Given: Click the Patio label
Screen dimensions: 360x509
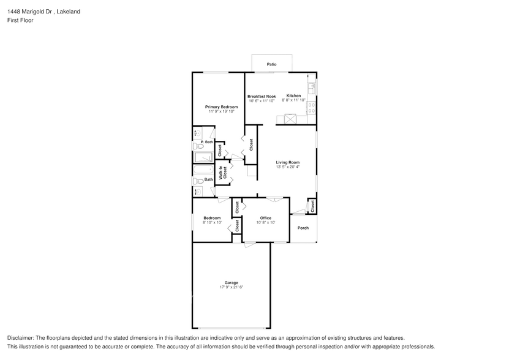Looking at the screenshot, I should (271, 64).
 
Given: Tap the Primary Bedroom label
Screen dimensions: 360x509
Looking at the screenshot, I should (221, 107).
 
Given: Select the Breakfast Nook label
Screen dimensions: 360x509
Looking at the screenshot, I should (262, 96).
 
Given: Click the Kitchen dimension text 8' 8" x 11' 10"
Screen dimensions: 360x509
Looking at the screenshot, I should (293, 101).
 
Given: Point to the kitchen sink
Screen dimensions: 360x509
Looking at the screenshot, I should (312, 88).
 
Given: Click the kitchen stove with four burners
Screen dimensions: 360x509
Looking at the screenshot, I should (312, 108).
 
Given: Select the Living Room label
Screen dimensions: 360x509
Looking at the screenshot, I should (287, 162).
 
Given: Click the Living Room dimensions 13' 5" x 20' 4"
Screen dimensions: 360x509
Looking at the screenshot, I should (287, 167).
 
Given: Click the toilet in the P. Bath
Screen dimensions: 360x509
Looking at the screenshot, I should (198, 146).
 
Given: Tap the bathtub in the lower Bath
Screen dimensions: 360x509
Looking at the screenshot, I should (203, 170).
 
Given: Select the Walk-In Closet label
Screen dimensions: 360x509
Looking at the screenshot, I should (225, 172).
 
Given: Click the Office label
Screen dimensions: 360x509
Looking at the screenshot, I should (265, 218).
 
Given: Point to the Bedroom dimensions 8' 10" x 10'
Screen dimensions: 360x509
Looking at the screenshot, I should (212, 223).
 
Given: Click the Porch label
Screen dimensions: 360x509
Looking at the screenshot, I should (303, 228).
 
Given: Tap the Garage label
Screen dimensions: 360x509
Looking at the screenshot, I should (231, 282).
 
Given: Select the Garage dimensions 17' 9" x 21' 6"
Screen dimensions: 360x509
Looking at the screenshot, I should (231, 287).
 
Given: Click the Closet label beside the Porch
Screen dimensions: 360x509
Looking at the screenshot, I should (312, 206).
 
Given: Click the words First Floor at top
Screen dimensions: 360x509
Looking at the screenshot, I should (20, 20).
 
